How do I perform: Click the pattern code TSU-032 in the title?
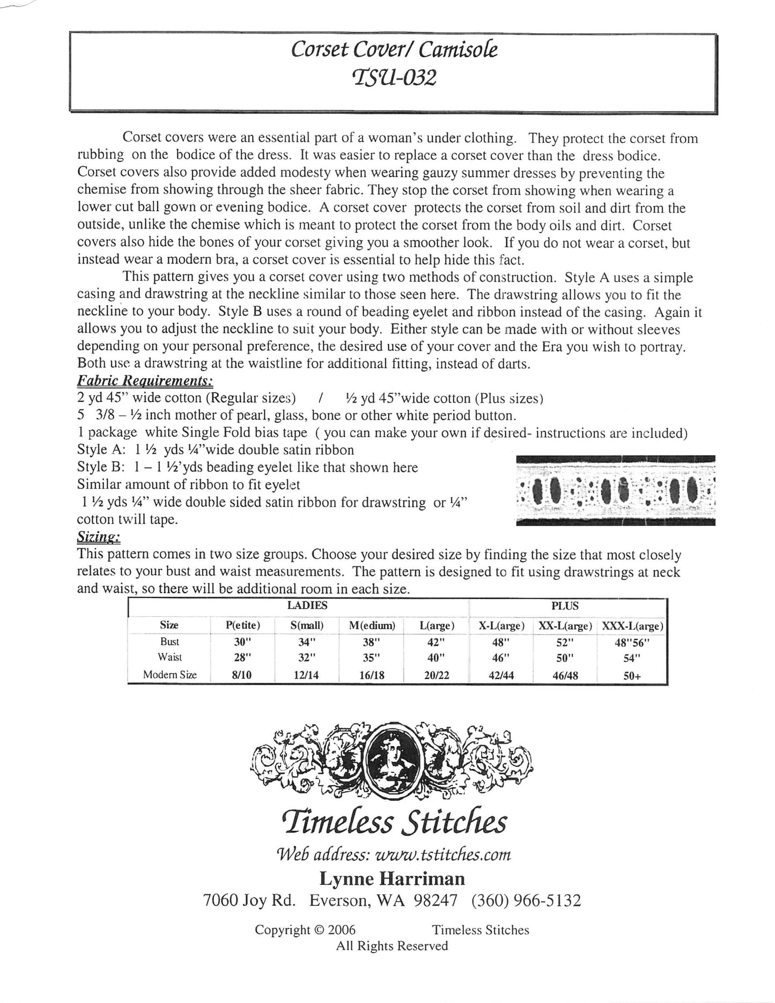click(x=393, y=78)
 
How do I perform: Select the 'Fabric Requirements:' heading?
click(x=145, y=381)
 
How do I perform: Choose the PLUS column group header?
click(x=565, y=606)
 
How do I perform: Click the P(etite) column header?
click(x=242, y=625)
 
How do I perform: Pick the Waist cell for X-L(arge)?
click(x=501, y=657)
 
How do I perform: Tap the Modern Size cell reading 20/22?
click(x=436, y=675)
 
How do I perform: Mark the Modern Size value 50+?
click(x=632, y=676)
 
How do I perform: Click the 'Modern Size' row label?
click(x=169, y=675)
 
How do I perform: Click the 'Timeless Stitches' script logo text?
click(x=392, y=821)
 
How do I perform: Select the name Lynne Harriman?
click(x=392, y=879)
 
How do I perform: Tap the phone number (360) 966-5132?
click(x=526, y=900)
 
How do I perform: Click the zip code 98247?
click(x=436, y=900)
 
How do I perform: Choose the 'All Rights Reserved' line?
click(x=392, y=946)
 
